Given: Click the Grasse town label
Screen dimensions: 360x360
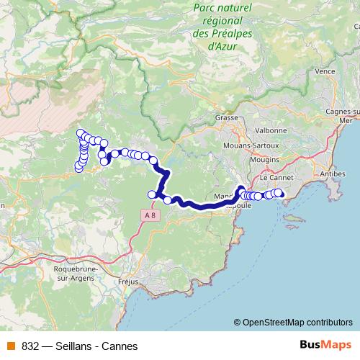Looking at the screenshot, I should tap(226, 117).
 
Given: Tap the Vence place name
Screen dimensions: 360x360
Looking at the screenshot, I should tap(325, 71).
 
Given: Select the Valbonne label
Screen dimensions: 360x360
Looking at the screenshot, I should tap(271, 130).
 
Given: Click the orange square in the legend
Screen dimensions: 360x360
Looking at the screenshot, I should tap(11, 346).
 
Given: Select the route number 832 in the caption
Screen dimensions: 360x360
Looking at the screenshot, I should tap(30, 346).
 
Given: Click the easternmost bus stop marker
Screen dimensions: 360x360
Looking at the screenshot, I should tap(279, 193).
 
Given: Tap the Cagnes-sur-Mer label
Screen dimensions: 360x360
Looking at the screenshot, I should tap(344, 117).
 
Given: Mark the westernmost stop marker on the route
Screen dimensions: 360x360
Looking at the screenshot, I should tap(78, 168).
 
